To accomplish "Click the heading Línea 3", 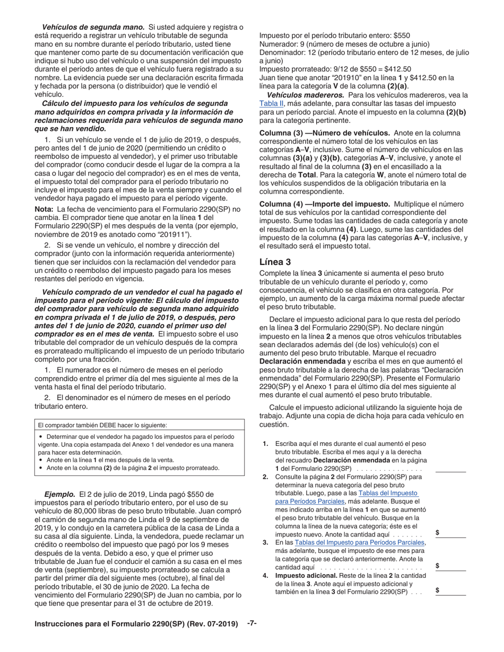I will click(x=276, y=262).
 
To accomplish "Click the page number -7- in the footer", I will click(x=252, y=623).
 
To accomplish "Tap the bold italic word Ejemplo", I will click(x=59, y=494).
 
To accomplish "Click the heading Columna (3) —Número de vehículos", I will click(x=324, y=133).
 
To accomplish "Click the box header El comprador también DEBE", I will click(x=102, y=425).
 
